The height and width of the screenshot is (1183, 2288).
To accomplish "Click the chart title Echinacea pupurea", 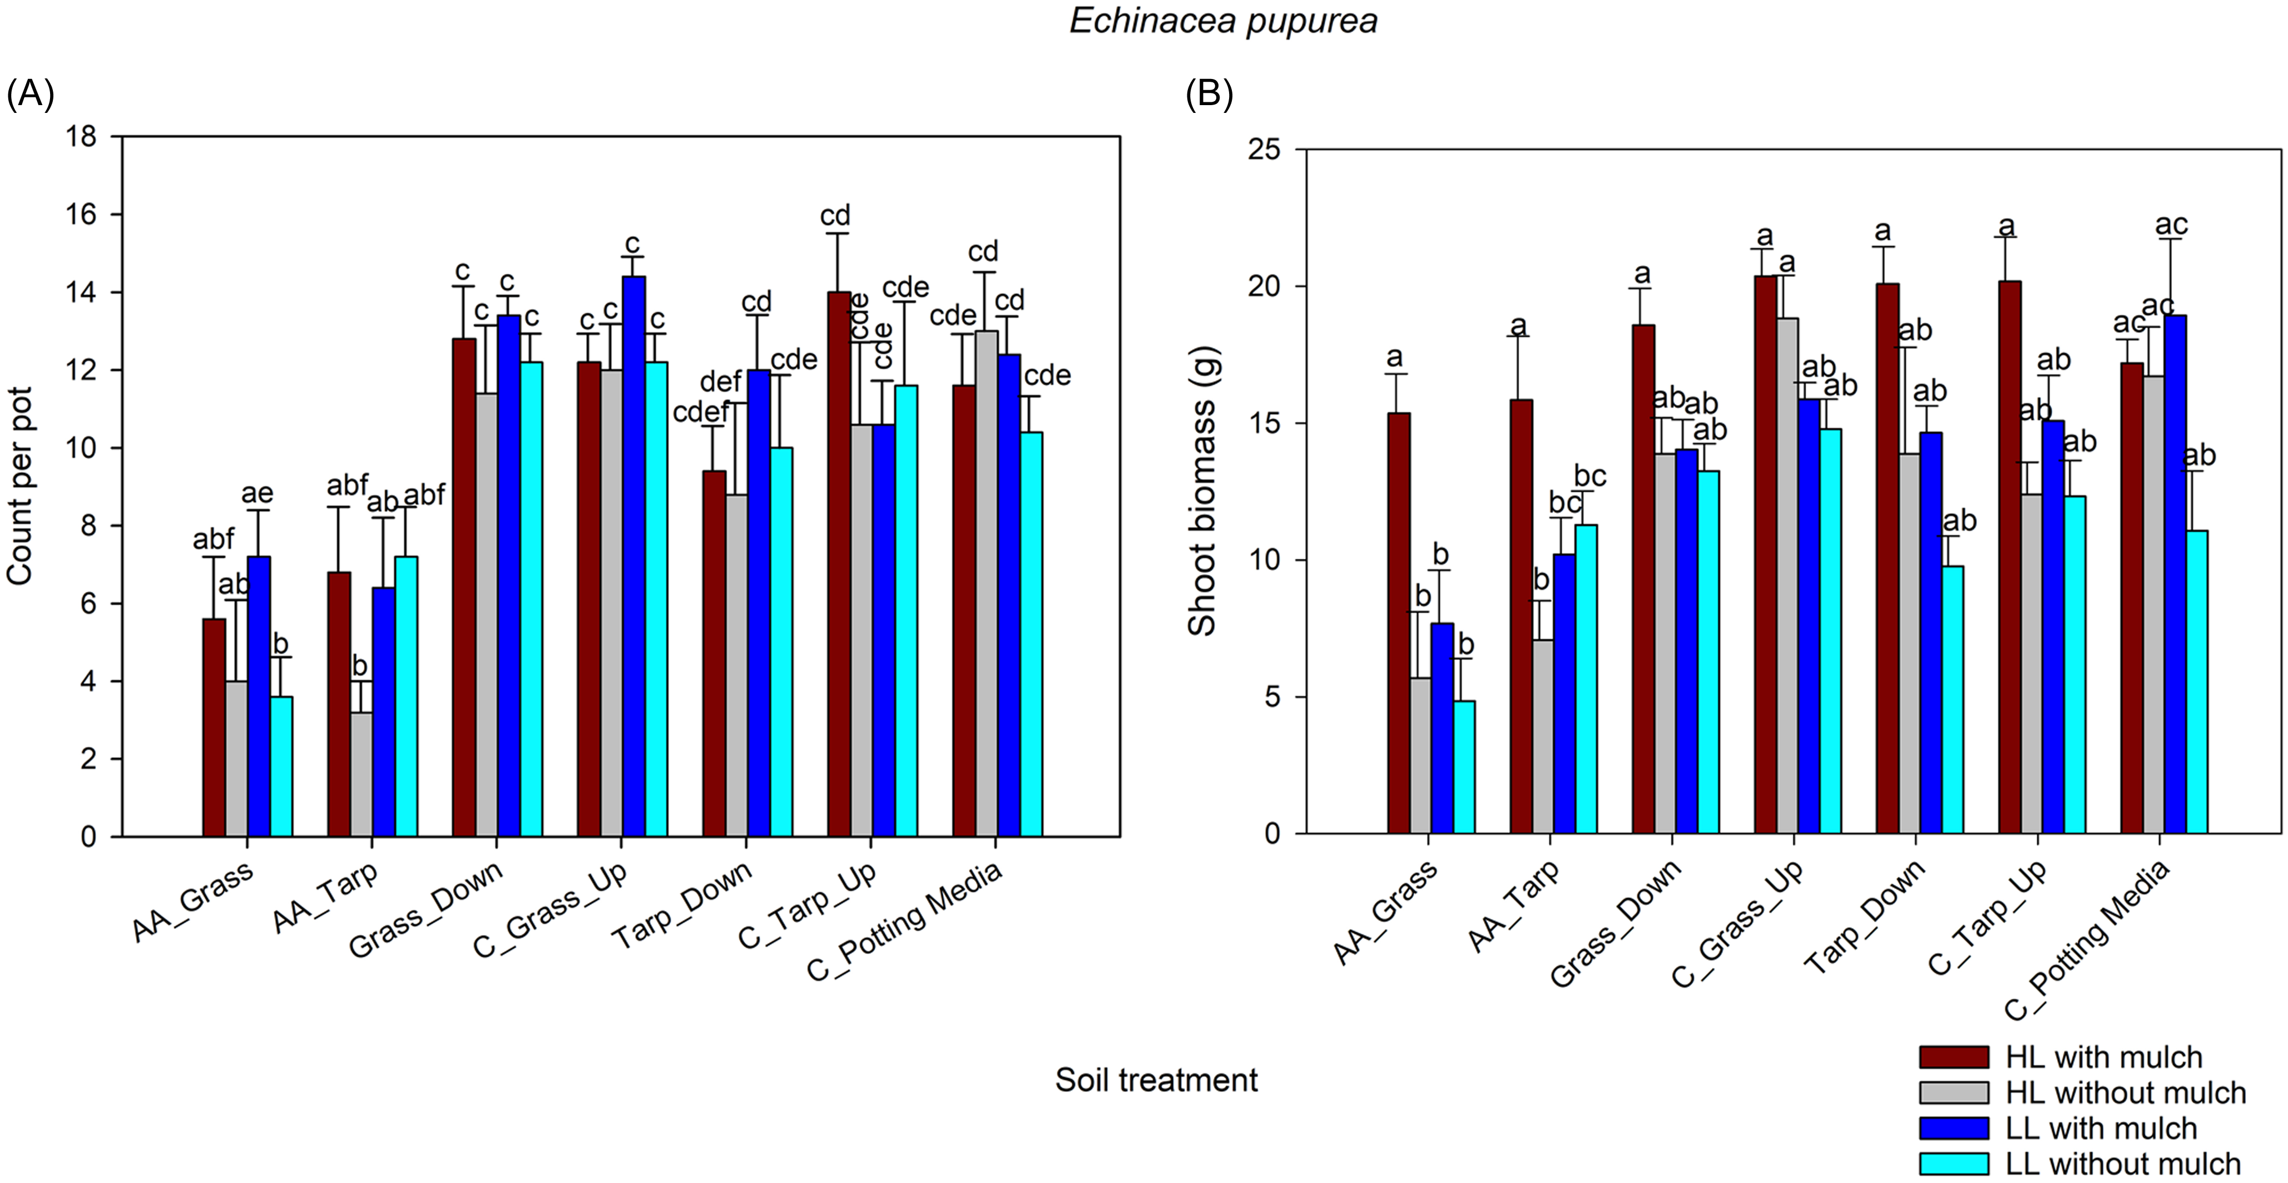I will [1223, 21].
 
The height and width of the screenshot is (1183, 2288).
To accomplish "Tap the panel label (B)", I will [1209, 92].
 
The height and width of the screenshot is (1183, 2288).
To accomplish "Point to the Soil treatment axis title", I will [1156, 1080].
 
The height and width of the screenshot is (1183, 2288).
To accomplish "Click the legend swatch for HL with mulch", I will [1953, 1057].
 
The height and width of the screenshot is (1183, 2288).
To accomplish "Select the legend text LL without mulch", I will [2122, 1164].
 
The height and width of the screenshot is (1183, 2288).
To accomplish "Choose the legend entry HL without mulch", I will [2124, 1092].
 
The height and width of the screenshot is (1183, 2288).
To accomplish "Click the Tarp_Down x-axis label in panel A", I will [681, 905].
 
